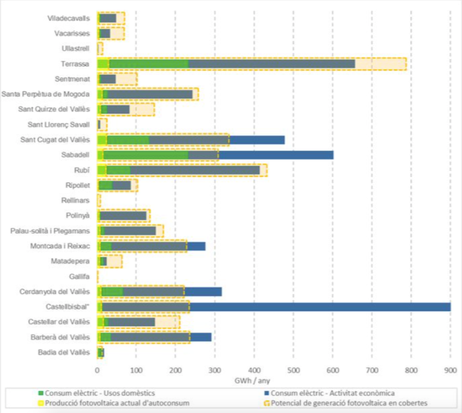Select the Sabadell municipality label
pyautogui.click(x=75, y=155)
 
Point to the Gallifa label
pyautogui.click(x=79, y=277)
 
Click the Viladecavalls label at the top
pyautogui.click(x=69, y=19)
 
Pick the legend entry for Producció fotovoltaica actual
pyautogui.click(x=117, y=403)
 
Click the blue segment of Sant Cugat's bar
pyautogui.click(x=257, y=140)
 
